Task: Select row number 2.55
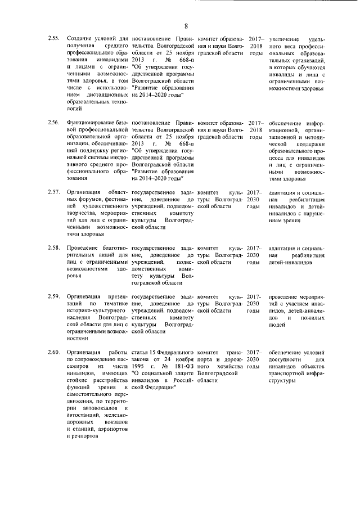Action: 53,38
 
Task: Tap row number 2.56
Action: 53,123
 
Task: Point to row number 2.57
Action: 53,192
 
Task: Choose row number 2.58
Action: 53,248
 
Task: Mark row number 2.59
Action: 53,296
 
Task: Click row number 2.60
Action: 53,352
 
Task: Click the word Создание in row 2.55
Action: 80,38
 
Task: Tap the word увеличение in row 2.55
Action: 285,38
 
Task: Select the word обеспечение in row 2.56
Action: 286,123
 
